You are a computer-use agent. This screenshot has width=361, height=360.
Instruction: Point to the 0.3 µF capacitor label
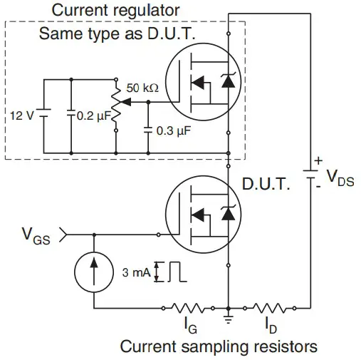(x=175, y=131)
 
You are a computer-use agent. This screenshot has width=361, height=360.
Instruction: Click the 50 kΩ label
(x=142, y=88)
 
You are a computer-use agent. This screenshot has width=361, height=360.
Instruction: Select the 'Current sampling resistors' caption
(x=218, y=347)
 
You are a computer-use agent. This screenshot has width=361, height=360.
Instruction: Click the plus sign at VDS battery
(x=318, y=162)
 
